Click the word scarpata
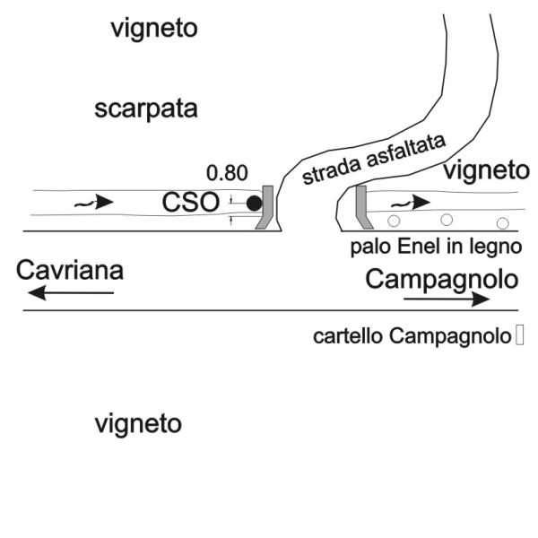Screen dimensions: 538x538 click(146, 110)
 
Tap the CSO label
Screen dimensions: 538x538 click(191, 203)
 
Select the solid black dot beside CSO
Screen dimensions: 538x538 click(254, 204)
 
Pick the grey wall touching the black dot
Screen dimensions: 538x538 click(265, 208)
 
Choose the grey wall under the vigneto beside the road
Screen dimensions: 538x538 click(362, 205)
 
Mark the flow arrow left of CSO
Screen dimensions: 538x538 click(93, 203)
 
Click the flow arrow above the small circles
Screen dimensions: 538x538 click(408, 203)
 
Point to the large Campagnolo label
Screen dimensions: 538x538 click(442, 279)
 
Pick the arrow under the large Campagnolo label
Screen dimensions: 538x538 click(447, 299)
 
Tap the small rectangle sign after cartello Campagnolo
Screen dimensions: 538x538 click(520, 337)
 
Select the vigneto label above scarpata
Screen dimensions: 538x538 click(154, 29)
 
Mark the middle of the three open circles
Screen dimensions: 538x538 click(446, 220)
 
